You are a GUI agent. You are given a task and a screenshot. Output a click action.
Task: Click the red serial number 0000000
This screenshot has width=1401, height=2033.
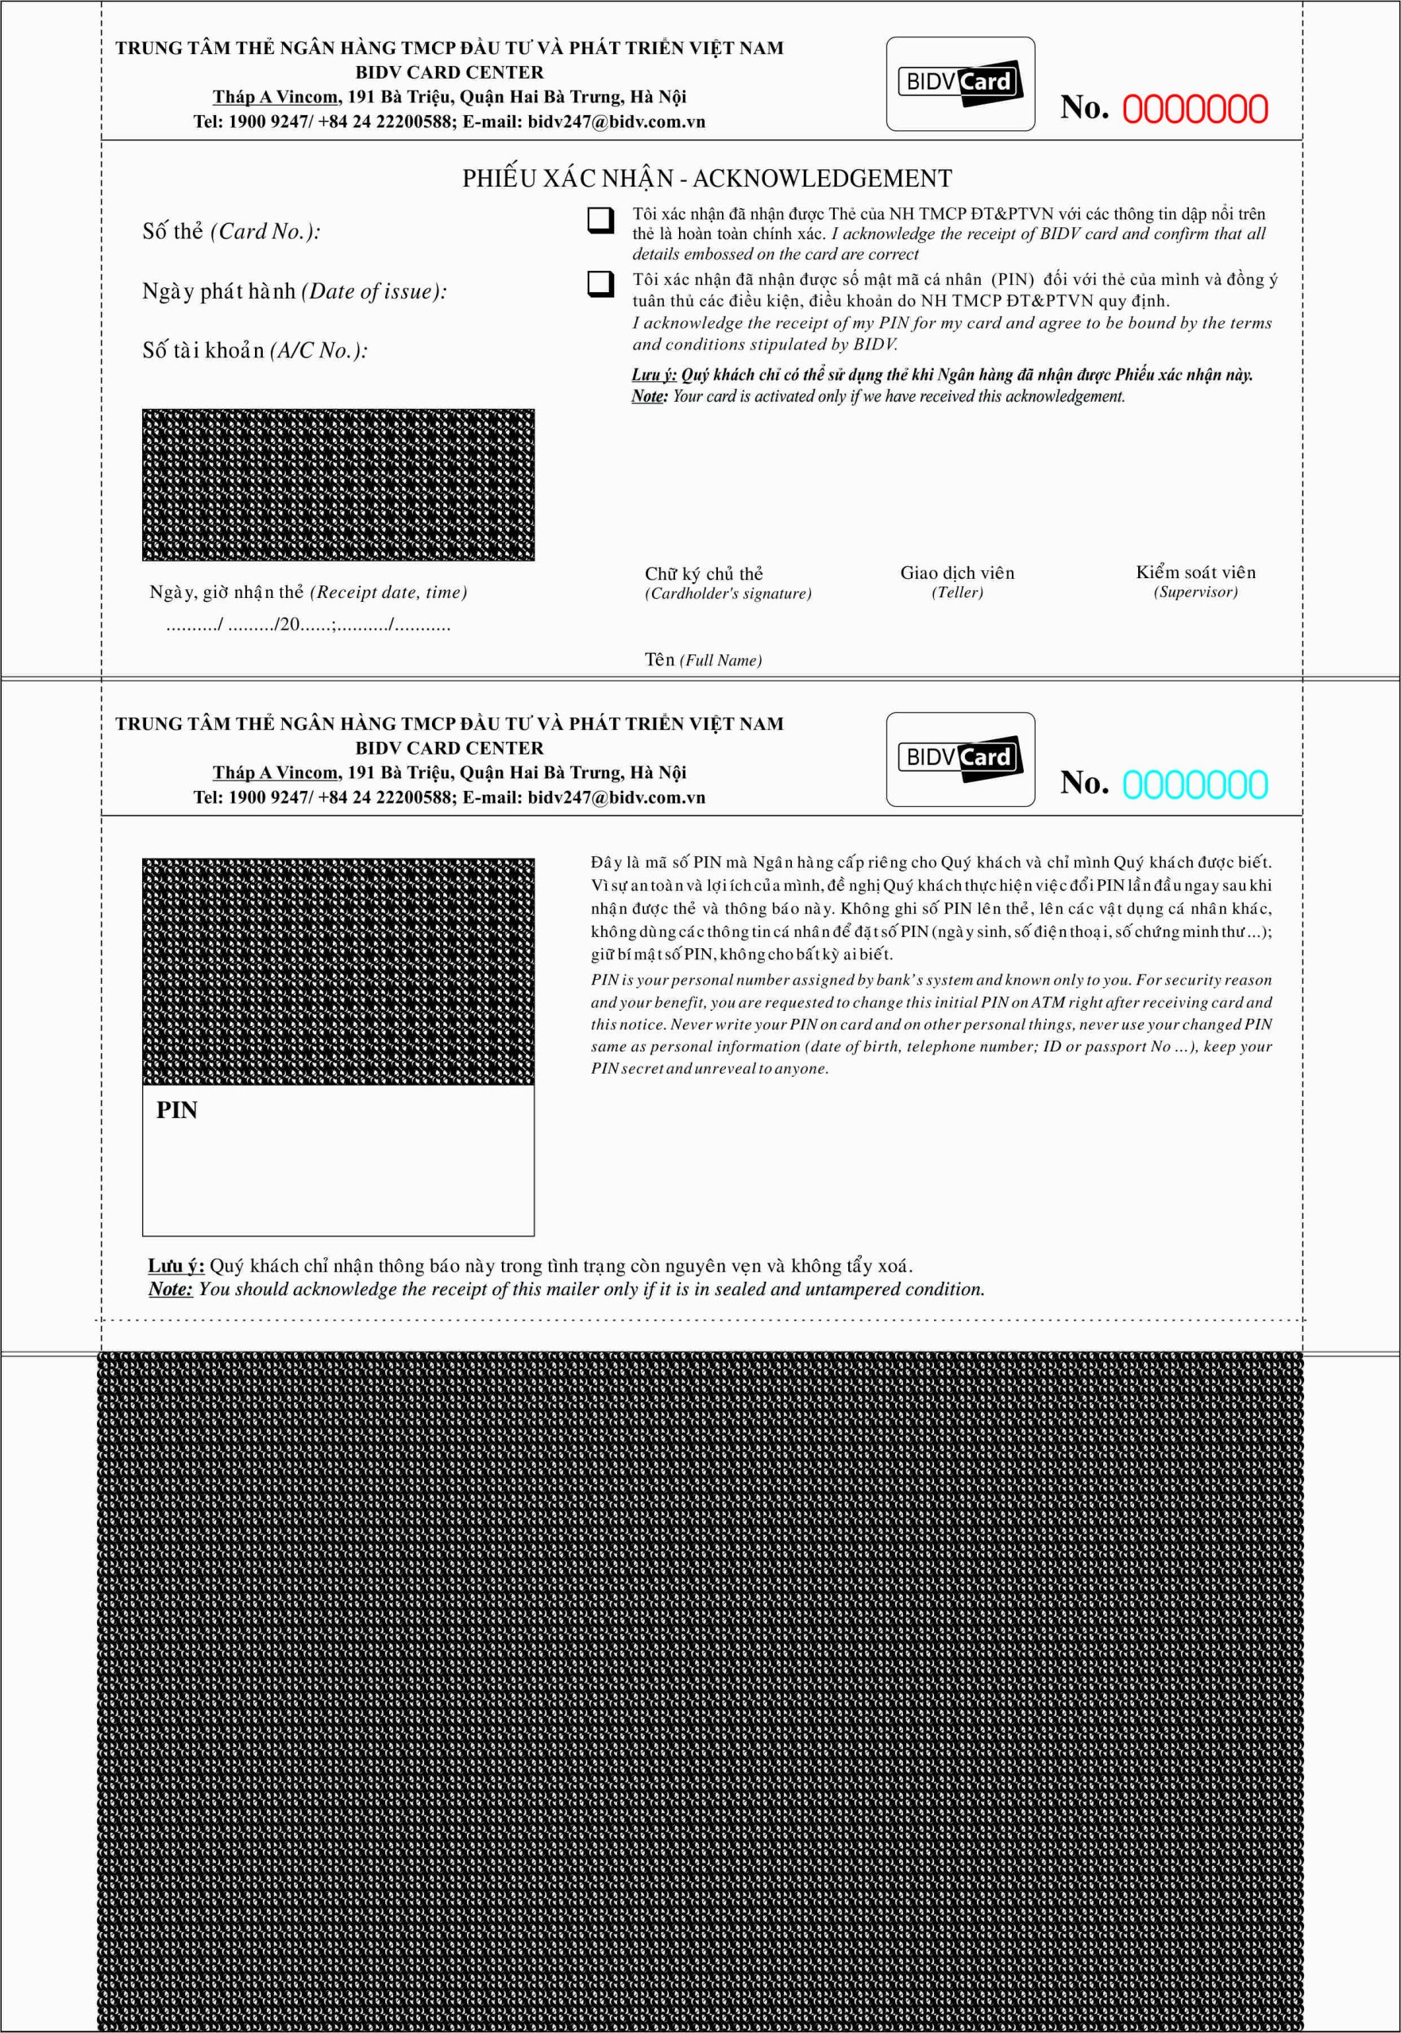tap(1194, 110)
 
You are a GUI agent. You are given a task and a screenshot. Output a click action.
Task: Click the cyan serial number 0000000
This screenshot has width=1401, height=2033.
tap(1194, 785)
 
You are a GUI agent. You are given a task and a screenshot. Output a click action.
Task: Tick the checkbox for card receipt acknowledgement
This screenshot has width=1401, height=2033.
tap(600, 219)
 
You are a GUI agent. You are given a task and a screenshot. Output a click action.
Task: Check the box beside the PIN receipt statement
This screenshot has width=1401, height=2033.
tap(600, 284)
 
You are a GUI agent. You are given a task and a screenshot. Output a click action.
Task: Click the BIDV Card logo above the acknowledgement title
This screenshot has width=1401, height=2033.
tap(960, 84)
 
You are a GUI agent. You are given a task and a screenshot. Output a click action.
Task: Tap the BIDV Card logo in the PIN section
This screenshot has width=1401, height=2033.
tap(960, 759)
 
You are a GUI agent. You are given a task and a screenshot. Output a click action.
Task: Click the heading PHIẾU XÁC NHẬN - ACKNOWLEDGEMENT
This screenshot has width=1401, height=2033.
tap(707, 179)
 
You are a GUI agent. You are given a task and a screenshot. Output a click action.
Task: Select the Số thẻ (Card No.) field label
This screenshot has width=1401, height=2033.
tap(231, 232)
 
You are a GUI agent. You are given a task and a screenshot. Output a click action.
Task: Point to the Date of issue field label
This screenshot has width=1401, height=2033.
tap(294, 291)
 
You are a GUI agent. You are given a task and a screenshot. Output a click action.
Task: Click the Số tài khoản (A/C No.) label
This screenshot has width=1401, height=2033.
tap(255, 351)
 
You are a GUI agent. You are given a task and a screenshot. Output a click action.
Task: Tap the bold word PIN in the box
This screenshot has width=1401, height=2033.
tap(176, 1110)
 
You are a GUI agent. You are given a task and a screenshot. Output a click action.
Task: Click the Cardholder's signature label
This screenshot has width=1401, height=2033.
tap(728, 594)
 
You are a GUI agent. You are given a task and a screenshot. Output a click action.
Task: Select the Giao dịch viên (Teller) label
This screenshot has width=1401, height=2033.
tap(957, 582)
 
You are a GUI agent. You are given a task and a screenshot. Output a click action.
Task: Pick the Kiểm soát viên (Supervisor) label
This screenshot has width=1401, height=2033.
tap(1195, 582)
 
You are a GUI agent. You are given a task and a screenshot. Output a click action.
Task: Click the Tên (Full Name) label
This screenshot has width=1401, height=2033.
tap(702, 660)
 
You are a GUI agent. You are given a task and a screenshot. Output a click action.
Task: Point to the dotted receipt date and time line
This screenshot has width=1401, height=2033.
tap(307, 626)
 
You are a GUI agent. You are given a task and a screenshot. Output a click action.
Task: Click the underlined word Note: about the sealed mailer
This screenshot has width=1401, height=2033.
tap(170, 1290)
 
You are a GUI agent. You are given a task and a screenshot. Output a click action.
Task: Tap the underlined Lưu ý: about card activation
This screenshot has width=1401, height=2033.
tap(654, 375)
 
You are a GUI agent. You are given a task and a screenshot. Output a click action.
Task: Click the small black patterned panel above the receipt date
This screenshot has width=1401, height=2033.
tap(338, 484)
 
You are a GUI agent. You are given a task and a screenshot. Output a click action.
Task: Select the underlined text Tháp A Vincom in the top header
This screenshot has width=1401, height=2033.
tap(276, 98)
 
